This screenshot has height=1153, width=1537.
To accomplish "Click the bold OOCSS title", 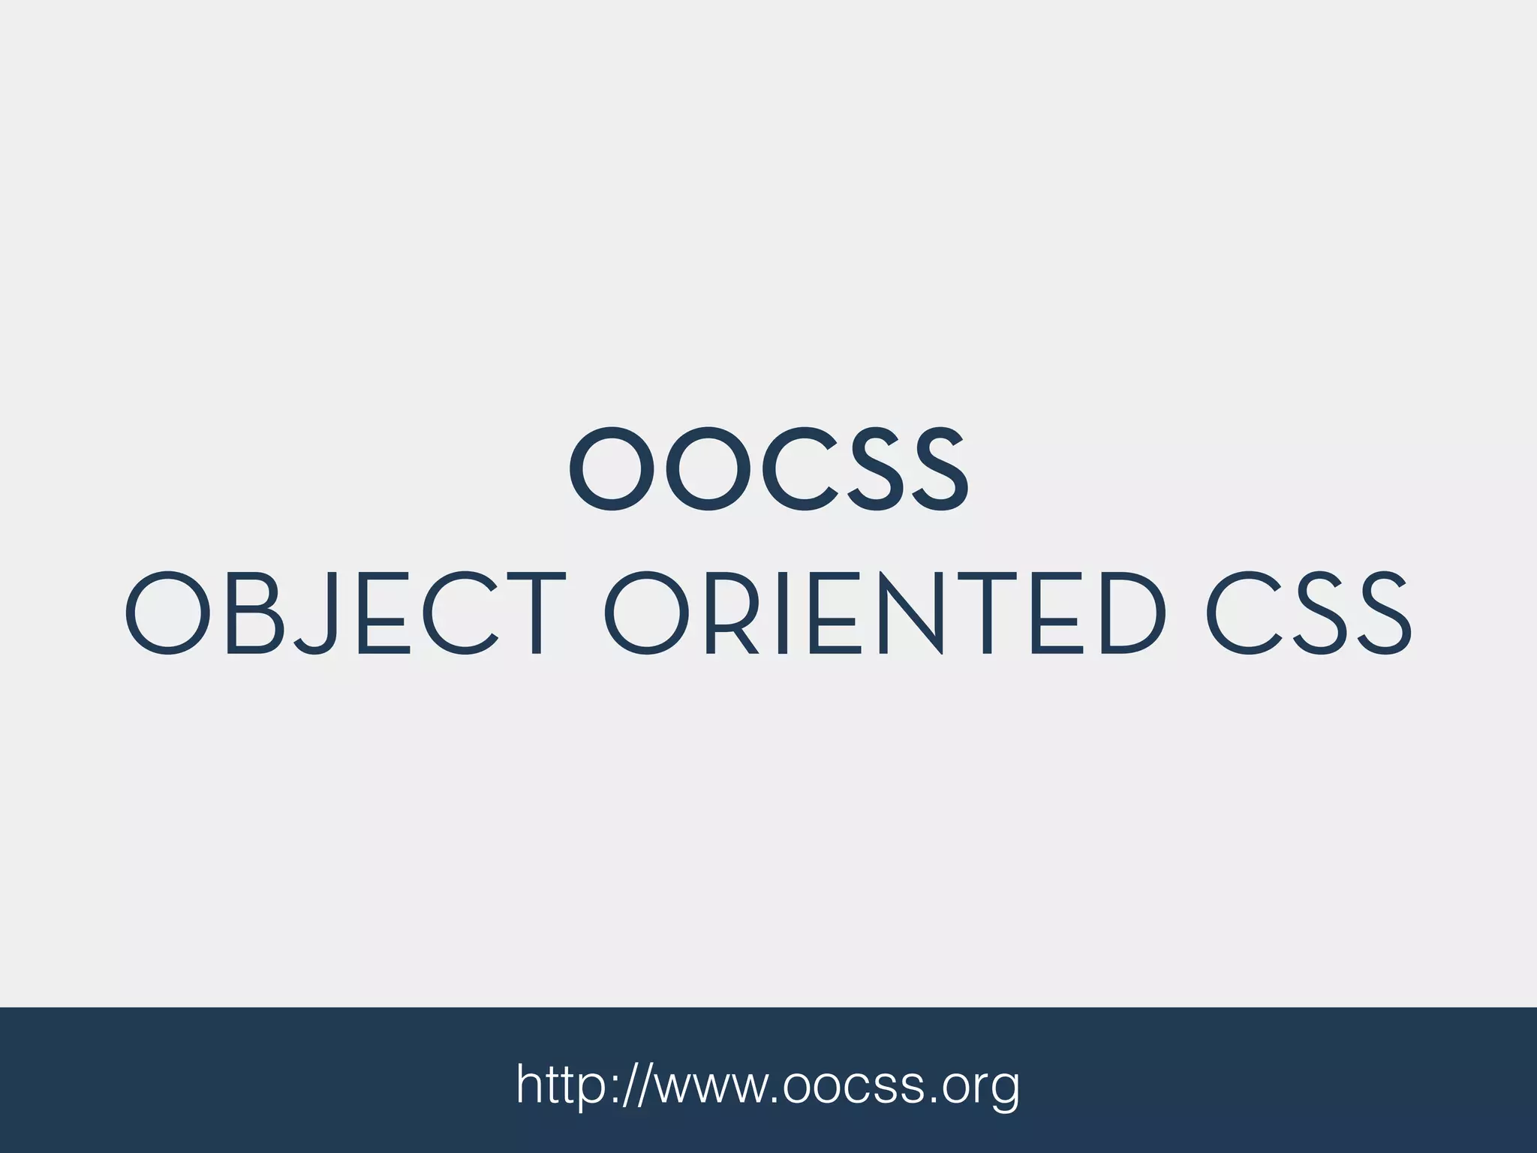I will pos(768,470).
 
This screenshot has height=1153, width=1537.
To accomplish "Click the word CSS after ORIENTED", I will pos(1309,614).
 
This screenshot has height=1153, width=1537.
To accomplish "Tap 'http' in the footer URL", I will pos(562,1084).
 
